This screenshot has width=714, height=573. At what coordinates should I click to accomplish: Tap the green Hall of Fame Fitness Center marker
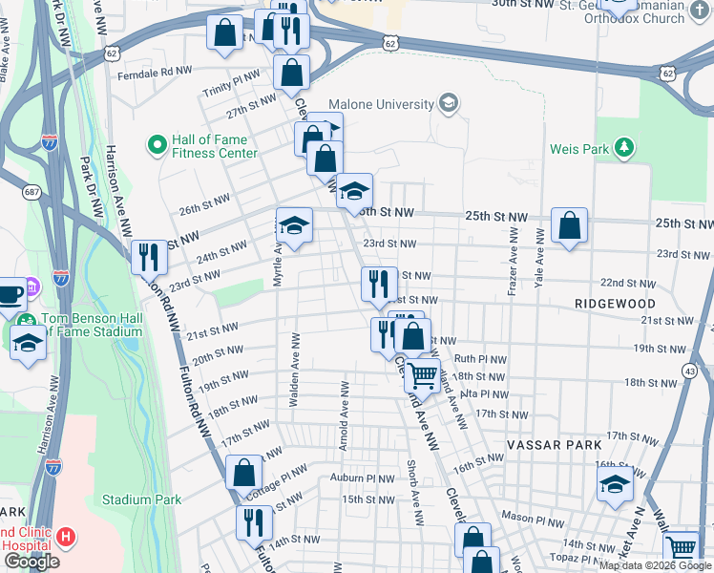point(156,145)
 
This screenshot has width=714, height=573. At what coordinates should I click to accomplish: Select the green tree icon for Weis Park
point(623,148)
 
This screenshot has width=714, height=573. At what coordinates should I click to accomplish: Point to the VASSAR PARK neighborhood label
point(554,445)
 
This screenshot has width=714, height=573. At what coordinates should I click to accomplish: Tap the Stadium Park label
point(141,499)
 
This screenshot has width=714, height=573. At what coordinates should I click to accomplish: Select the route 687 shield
point(32,193)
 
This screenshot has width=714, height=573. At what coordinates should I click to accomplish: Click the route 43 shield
point(689,370)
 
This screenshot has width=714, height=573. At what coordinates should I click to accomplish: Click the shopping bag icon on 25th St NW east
point(569,225)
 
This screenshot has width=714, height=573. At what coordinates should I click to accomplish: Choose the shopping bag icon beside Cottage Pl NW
point(244,471)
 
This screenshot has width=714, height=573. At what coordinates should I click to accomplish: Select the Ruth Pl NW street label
point(480,358)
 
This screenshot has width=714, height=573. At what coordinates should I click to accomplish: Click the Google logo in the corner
point(31,562)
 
